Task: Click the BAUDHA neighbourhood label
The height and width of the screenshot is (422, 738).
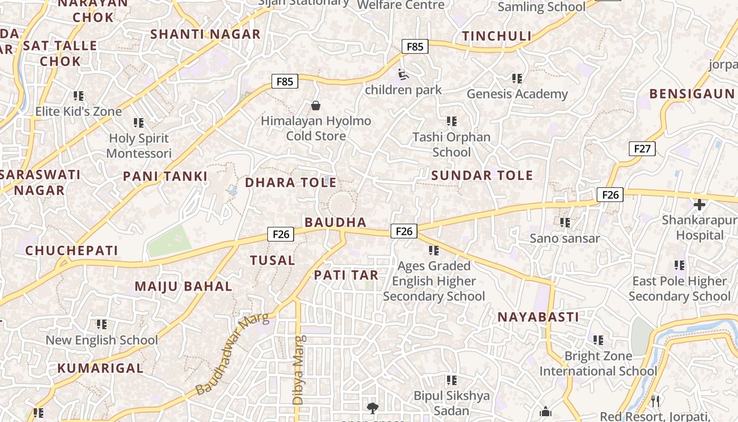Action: coord(335,222)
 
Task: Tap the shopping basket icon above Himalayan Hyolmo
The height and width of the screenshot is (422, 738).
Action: coord(316,106)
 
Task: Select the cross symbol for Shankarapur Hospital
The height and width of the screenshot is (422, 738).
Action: coord(700,205)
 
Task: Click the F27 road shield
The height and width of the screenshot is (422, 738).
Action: coord(642,149)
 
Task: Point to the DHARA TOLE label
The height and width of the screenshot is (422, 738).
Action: coord(290,183)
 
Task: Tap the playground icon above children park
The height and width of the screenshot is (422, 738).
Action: coord(403,74)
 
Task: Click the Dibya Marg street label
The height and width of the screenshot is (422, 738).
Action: coord(298,370)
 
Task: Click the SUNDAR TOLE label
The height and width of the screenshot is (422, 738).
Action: coord(482,176)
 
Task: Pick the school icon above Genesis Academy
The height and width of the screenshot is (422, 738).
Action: coord(517,79)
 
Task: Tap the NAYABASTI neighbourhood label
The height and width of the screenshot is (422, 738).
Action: coord(538,317)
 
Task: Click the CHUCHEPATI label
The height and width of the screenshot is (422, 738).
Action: coord(72,251)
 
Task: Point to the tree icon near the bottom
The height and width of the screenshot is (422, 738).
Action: coord(372,407)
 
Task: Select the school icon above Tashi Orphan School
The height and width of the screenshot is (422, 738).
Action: coord(451,121)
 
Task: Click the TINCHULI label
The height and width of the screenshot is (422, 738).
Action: coord(497,36)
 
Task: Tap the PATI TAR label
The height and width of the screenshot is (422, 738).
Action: coord(346,275)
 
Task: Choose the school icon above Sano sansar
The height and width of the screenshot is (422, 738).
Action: coord(565,223)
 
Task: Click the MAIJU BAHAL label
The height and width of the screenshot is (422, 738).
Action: coord(183,286)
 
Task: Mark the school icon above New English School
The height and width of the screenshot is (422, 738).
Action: coord(101,324)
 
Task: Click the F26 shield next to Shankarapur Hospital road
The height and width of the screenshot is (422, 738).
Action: coord(610,195)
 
